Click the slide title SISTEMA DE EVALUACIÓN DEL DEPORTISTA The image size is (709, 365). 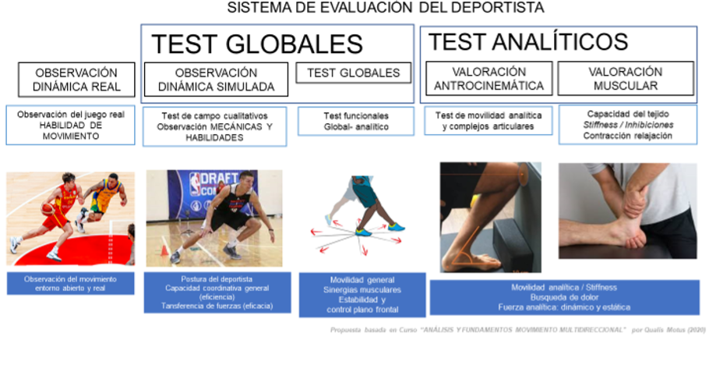pos(385,7)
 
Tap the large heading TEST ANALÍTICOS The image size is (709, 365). pos(527,41)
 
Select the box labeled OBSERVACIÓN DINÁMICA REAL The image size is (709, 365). pos(76,80)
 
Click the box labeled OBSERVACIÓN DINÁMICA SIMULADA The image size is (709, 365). pos(216,80)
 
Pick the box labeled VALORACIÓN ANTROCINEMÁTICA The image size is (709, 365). pos(489,78)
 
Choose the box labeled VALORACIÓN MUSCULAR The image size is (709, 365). pos(626,78)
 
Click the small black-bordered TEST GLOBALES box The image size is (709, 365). pos(354,73)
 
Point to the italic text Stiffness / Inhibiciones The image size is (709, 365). pos(628,125)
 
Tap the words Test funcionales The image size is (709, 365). pos(356,116)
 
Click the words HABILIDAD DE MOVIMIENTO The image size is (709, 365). pos(71,130)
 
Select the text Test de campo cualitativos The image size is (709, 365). pos(215,116)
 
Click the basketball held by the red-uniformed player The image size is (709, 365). pos(48,208)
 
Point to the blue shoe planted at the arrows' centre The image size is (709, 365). pos(364,232)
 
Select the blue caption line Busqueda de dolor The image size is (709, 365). pos(564,297)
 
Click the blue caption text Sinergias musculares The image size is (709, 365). pos(362,290)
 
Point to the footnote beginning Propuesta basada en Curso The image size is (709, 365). pos(518,330)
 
